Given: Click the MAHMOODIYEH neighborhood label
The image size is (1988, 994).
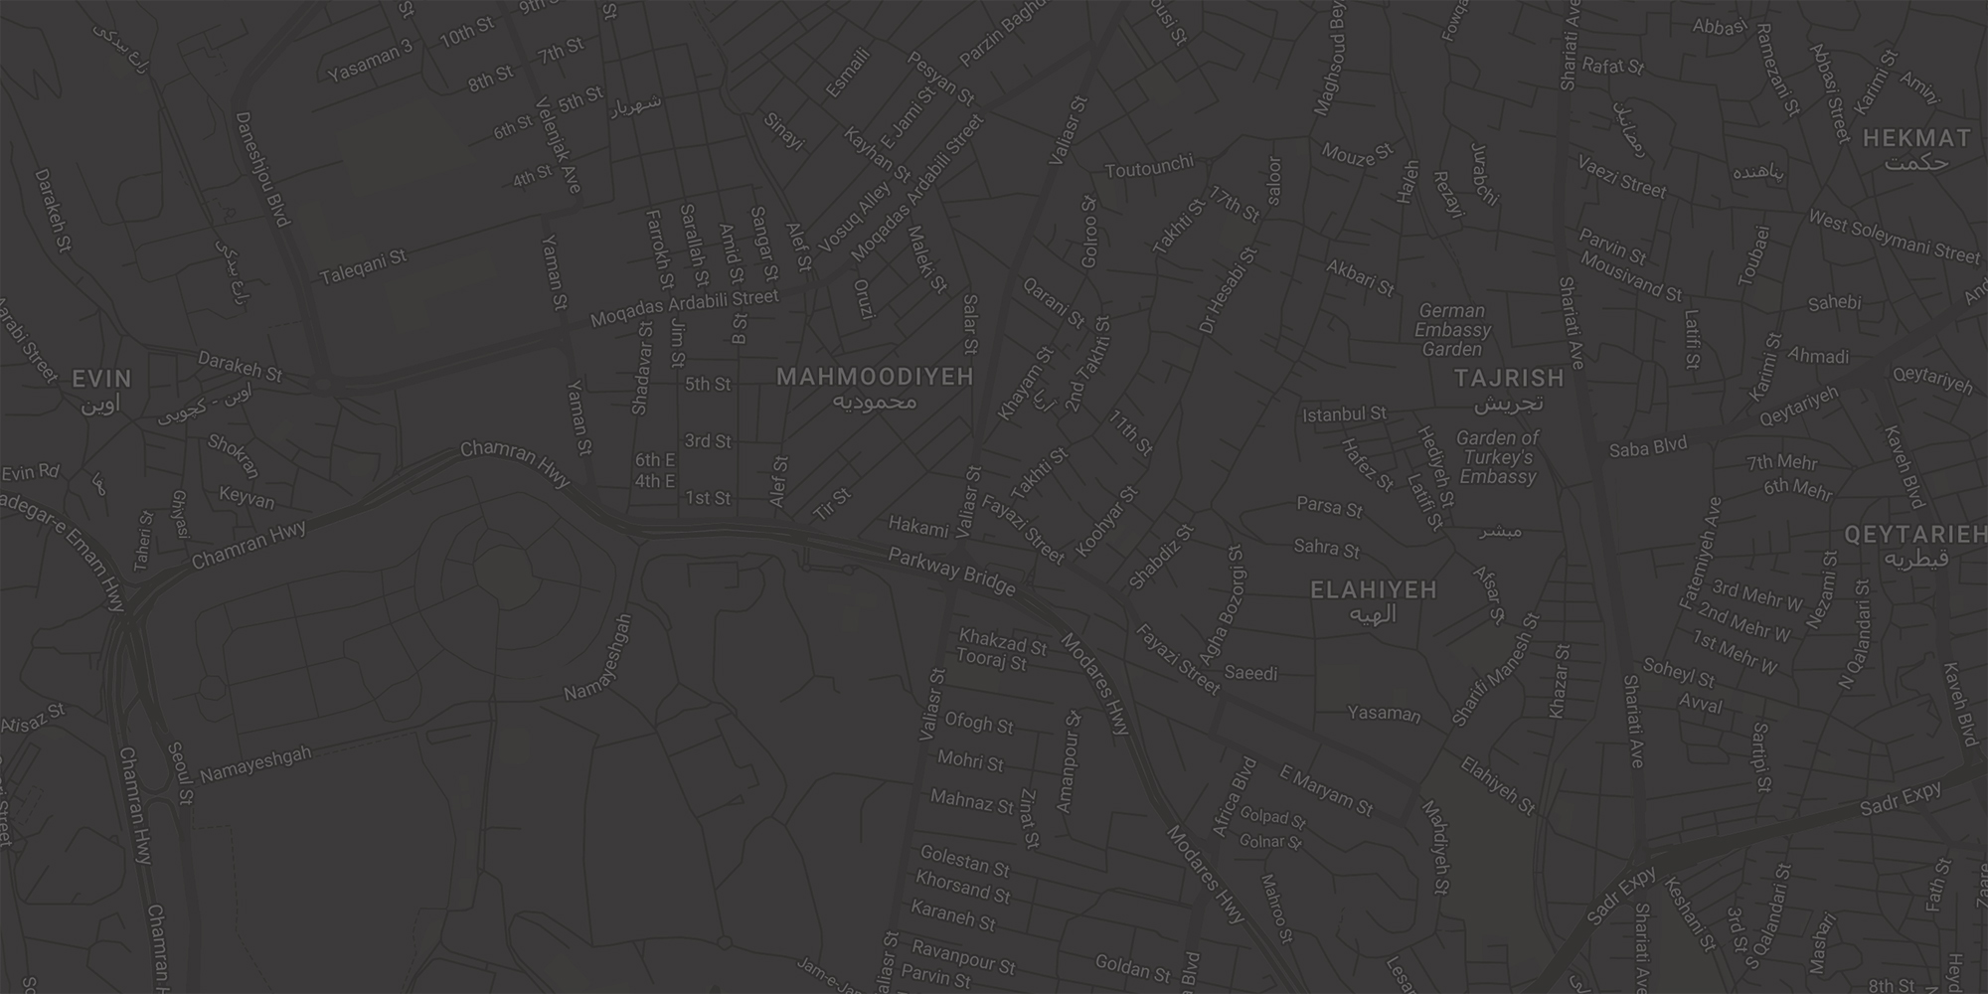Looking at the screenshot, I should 875,378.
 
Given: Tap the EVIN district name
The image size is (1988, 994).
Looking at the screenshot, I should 101,379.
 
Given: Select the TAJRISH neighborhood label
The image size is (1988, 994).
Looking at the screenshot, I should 1509,379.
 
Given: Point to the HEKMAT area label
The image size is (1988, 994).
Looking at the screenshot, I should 1915,139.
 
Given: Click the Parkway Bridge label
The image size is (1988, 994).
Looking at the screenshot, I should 951,573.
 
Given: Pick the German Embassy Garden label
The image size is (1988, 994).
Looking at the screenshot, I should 1452,330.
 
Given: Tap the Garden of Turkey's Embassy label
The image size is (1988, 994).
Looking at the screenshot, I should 1497,457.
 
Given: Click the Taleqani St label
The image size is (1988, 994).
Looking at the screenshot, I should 363,266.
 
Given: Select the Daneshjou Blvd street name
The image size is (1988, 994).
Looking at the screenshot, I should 261,169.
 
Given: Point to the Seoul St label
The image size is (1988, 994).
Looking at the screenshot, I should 180,773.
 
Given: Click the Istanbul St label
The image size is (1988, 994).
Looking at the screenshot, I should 1344,414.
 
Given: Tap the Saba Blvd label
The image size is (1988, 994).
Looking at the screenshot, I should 1648,448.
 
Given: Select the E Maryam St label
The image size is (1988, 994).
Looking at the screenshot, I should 1326,790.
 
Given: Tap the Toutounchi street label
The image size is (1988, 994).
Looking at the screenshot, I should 1148,170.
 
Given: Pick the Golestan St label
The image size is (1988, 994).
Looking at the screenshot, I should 964,860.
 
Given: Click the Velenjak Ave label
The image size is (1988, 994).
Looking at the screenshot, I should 557,145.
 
